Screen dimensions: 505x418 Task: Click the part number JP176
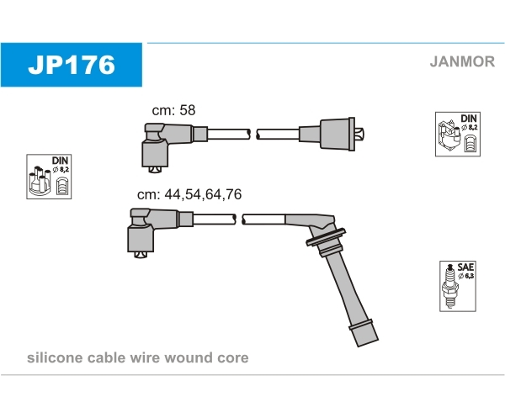coord(72,65)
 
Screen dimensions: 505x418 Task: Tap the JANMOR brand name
coord(462,61)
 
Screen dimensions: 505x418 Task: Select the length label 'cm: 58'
coord(173,110)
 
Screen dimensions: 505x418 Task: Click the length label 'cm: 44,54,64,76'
coord(189,194)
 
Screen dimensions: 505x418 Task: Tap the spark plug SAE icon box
coord(458,286)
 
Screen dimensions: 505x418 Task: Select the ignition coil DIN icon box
coord(458,135)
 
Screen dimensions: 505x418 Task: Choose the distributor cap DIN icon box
coord(49,177)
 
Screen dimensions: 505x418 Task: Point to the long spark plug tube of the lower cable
coord(347,288)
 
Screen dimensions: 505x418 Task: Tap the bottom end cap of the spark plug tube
coord(364,333)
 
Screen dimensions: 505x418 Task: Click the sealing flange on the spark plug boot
coord(326,237)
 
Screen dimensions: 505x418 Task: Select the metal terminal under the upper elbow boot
coord(155,169)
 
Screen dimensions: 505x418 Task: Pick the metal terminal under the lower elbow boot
coord(141,255)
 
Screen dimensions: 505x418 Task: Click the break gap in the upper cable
coord(253,135)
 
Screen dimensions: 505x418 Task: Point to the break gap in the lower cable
coord(239,220)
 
